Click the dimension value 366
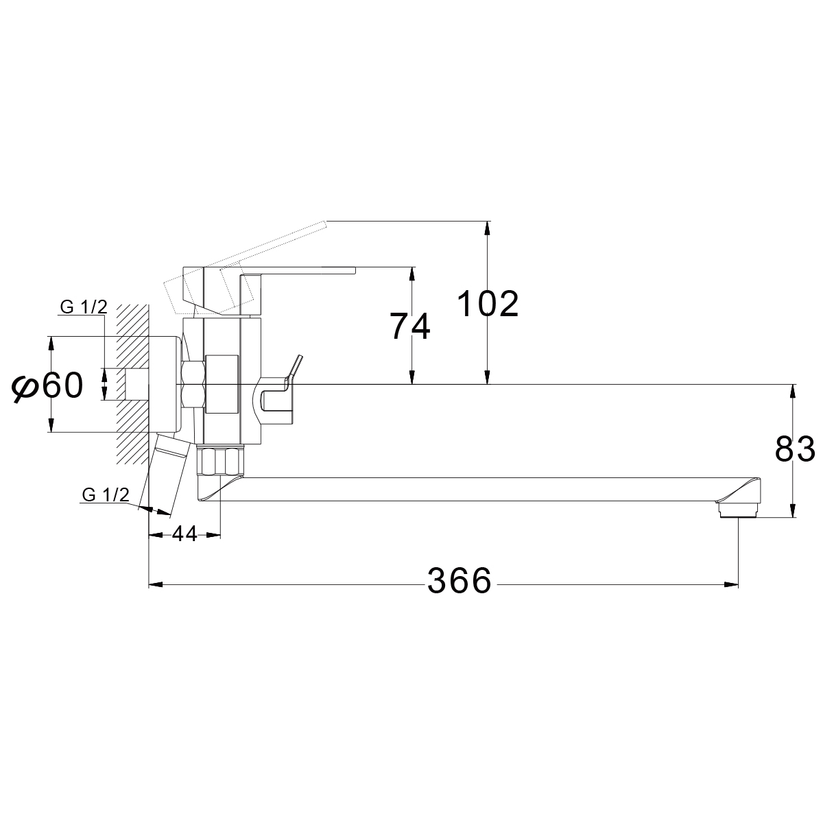(x=460, y=582)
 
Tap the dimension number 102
(x=488, y=304)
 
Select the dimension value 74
(x=410, y=326)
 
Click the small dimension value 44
(x=184, y=534)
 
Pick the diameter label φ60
(x=47, y=386)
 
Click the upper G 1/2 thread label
(x=84, y=307)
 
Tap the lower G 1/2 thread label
(x=106, y=495)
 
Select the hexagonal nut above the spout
(x=219, y=460)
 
